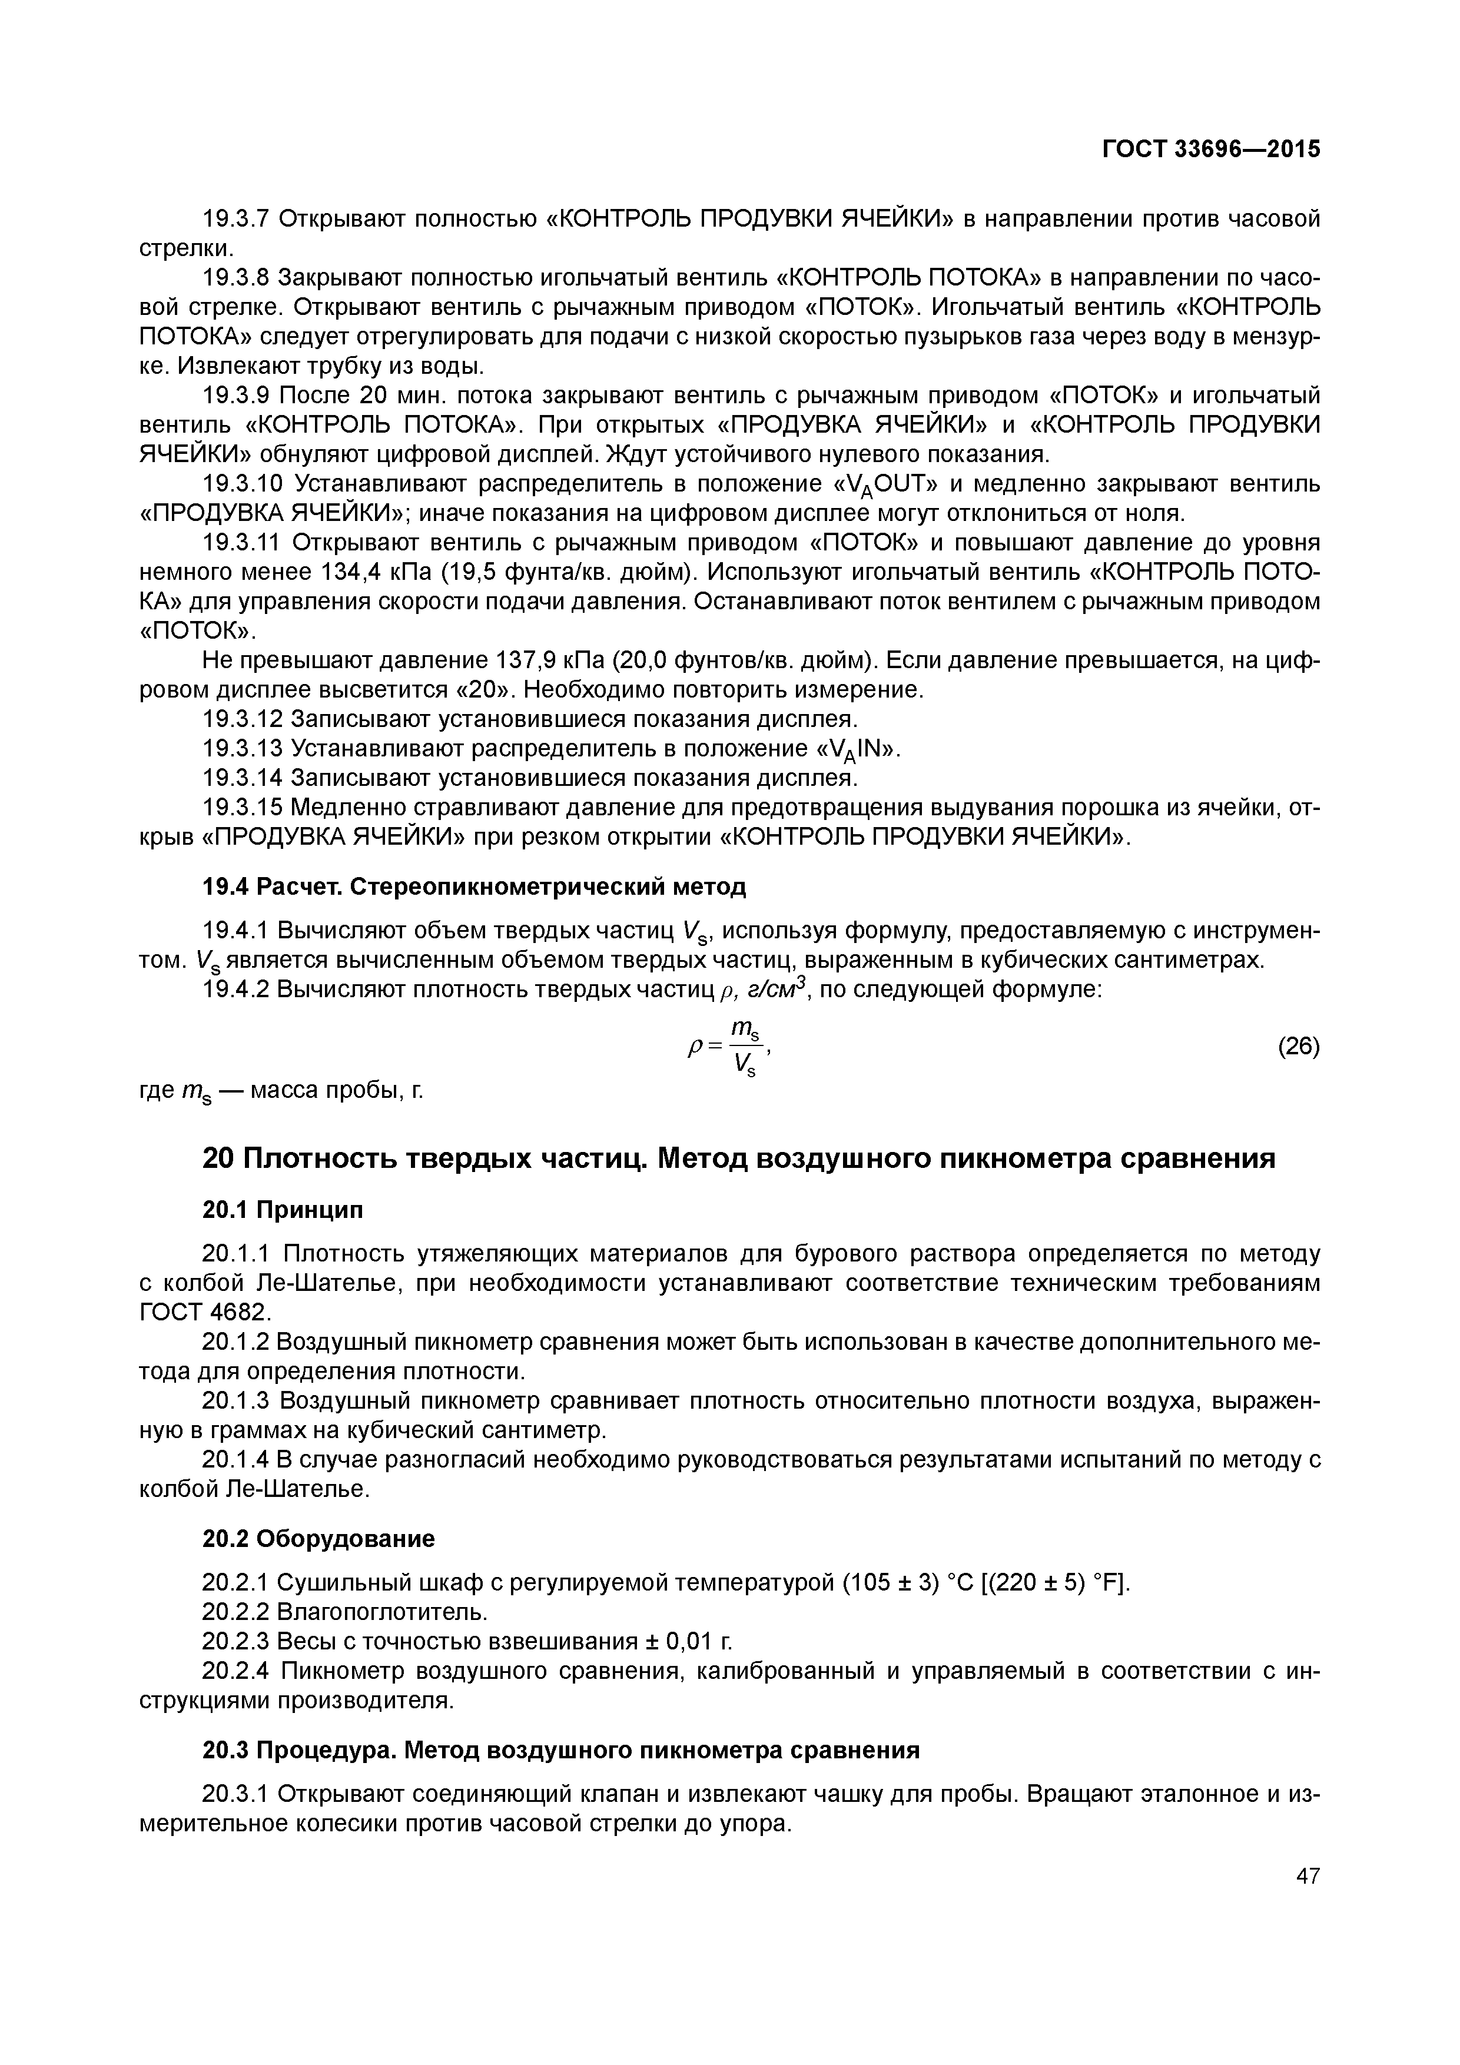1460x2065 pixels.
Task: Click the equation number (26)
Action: tap(1299, 1047)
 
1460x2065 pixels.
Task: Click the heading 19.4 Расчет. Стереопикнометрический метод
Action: tap(474, 887)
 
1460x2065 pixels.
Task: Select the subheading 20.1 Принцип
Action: tap(283, 1210)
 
